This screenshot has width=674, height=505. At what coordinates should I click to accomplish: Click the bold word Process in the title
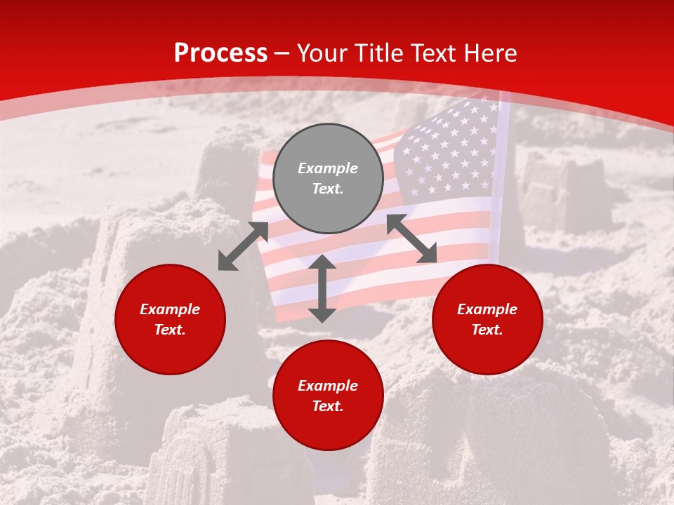coord(220,53)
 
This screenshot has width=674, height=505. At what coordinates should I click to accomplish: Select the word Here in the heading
coord(490,53)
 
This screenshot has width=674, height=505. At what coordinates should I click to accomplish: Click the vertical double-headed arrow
coord(322,288)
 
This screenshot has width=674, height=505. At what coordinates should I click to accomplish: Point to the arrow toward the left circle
coord(243,246)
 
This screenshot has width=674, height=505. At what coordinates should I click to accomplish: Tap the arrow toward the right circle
coord(411,238)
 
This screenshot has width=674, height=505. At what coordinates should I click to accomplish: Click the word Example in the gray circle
coord(328,168)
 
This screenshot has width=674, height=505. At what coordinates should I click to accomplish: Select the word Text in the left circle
coord(170,330)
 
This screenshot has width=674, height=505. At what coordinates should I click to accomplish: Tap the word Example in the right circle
coord(487,309)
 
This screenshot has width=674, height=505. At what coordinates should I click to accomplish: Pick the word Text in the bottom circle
coord(328,406)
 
